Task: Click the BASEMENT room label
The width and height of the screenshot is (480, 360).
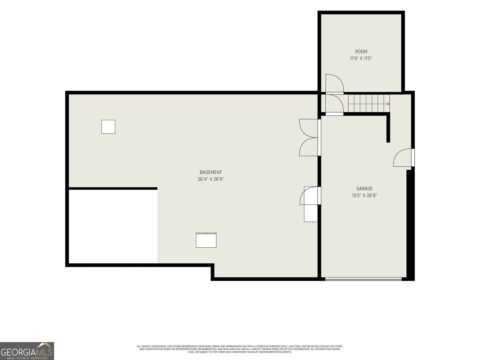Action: (x=211, y=172)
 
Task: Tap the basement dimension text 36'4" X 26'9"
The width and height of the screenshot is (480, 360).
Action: (x=211, y=179)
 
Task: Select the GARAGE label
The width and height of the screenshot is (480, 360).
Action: (x=364, y=188)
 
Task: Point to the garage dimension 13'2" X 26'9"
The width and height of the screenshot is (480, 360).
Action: (x=364, y=196)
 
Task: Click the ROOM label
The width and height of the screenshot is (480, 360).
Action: (x=361, y=52)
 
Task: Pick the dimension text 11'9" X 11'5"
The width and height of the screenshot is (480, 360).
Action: (x=361, y=58)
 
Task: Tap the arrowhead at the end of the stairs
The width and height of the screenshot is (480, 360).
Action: (x=388, y=104)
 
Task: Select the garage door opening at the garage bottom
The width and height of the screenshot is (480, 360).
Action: (x=363, y=279)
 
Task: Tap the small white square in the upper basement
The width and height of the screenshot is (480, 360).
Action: (x=108, y=127)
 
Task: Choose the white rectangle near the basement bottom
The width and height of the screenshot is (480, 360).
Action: (x=206, y=240)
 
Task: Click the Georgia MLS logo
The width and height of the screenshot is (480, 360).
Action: (x=27, y=351)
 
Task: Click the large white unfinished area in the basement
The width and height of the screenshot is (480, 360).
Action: (x=113, y=227)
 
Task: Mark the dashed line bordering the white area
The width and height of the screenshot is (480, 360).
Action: (x=158, y=227)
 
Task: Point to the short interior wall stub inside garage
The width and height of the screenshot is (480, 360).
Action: (x=388, y=129)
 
